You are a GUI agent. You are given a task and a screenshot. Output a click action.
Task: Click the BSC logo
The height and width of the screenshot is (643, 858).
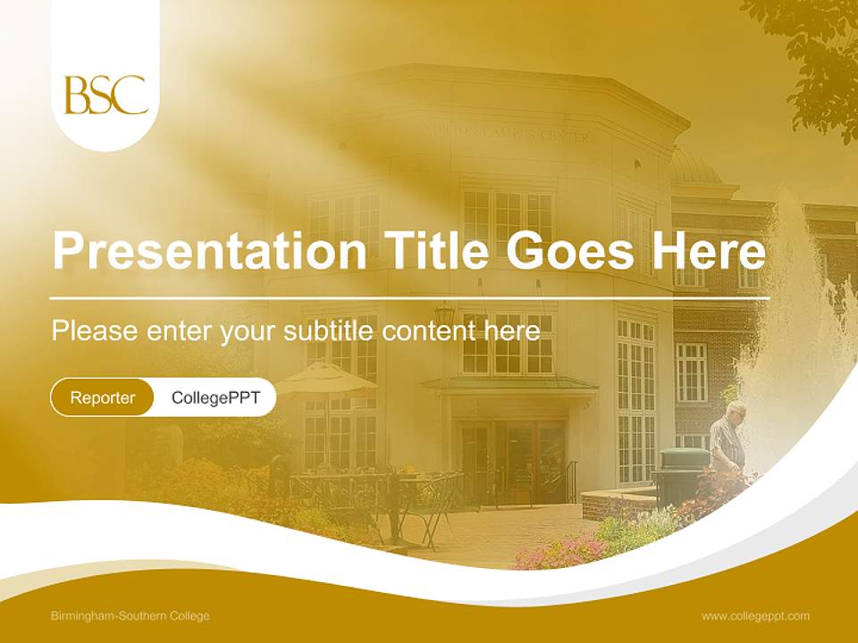(x=105, y=95)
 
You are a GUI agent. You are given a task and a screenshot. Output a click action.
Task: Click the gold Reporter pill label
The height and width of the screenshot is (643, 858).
(x=103, y=397)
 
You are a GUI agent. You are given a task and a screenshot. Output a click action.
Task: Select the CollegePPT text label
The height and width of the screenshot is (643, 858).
(x=215, y=397)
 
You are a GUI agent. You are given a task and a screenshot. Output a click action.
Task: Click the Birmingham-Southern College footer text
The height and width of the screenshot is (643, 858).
(x=130, y=616)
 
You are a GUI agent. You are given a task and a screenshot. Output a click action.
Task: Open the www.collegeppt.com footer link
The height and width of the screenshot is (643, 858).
(x=755, y=616)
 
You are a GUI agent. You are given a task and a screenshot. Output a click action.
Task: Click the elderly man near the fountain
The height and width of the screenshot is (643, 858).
(x=729, y=438)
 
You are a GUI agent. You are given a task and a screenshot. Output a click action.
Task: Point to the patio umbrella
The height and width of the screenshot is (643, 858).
(x=325, y=380)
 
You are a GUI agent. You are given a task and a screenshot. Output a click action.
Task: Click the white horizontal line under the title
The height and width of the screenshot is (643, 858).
(x=409, y=297)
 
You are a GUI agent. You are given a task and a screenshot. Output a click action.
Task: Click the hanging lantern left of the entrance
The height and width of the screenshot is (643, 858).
(x=444, y=314)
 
